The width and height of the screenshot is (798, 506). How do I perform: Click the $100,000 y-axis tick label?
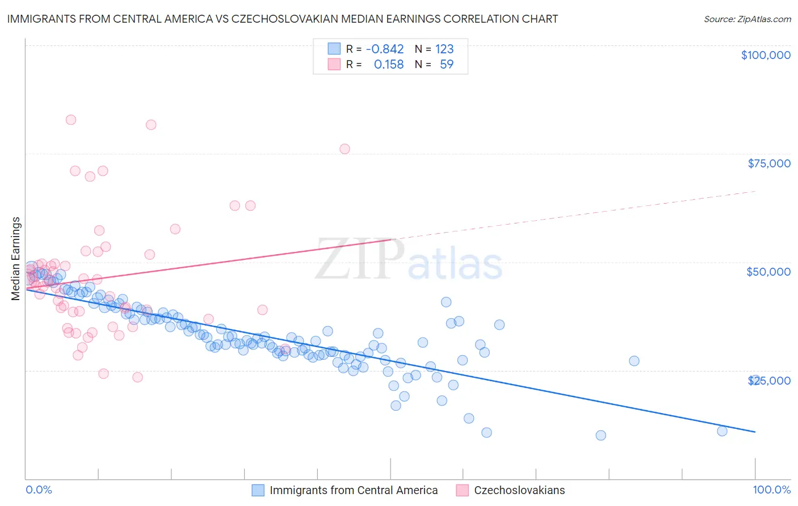(766, 55)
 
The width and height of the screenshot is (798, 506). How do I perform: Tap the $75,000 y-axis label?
(769, 163)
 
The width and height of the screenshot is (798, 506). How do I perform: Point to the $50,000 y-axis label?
(768, 272)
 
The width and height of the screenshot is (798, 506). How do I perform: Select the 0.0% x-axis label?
(39, 490)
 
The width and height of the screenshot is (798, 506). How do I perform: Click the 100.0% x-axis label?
(771, 490)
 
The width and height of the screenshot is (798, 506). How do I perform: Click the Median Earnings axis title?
(16, 258)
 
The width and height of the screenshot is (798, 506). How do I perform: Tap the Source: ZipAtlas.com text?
(747, 19)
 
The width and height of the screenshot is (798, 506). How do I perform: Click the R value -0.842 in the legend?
(385, 49)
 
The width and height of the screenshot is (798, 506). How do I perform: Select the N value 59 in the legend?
(447, 64)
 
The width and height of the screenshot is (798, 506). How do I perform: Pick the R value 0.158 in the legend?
(389, 64)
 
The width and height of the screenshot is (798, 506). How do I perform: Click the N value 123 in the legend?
(444, 49)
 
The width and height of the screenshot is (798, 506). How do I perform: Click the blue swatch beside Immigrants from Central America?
(258, 490)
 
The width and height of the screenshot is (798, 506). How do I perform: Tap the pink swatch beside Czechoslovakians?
(463, 490)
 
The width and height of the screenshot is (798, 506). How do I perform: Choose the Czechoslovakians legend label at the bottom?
(519, 490)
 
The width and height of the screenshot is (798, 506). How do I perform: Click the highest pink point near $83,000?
(71, 120)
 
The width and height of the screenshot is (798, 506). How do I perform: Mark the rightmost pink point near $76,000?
(345, 149)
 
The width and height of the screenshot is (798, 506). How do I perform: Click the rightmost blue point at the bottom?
(722, 431)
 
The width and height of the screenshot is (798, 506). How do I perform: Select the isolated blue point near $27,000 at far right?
(634, 361)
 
